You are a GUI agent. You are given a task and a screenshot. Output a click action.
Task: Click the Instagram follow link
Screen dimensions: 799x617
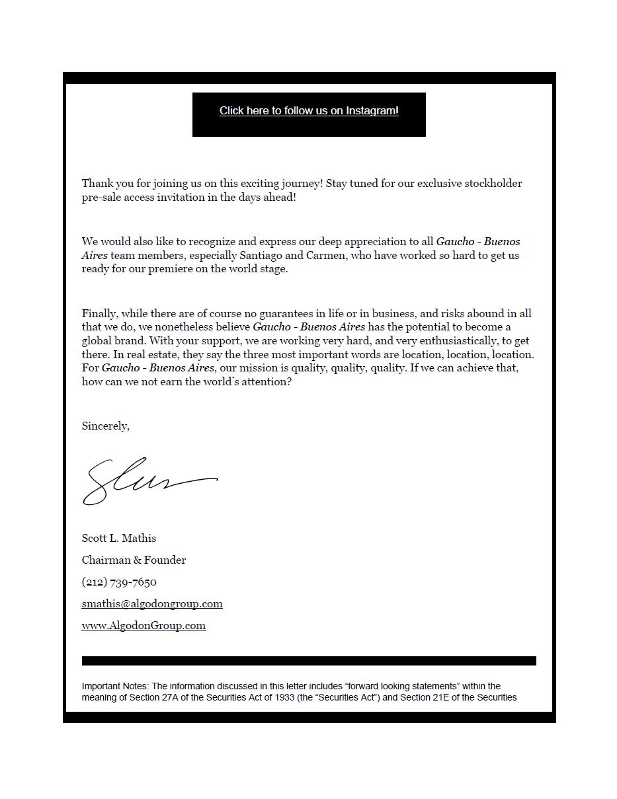click(x=309, y=111)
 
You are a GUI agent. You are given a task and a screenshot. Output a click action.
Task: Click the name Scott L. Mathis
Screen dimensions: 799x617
click(x=119, y=538)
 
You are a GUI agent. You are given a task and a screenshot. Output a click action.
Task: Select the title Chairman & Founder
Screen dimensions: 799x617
click(x=134, y=560)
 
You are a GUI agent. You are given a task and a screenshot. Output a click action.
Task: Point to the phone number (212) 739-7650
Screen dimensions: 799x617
click(x=119, y=582)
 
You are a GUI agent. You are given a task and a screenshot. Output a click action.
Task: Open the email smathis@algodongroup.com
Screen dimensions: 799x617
click(x=152, y=603)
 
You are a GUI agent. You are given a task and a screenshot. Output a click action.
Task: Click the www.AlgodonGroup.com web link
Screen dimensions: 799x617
click(x=144, y=625)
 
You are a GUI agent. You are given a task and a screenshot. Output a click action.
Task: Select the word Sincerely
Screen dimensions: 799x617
click(x=104, y=426)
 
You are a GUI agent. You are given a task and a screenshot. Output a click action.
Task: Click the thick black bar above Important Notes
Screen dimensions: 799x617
click(x=309, y=661)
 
